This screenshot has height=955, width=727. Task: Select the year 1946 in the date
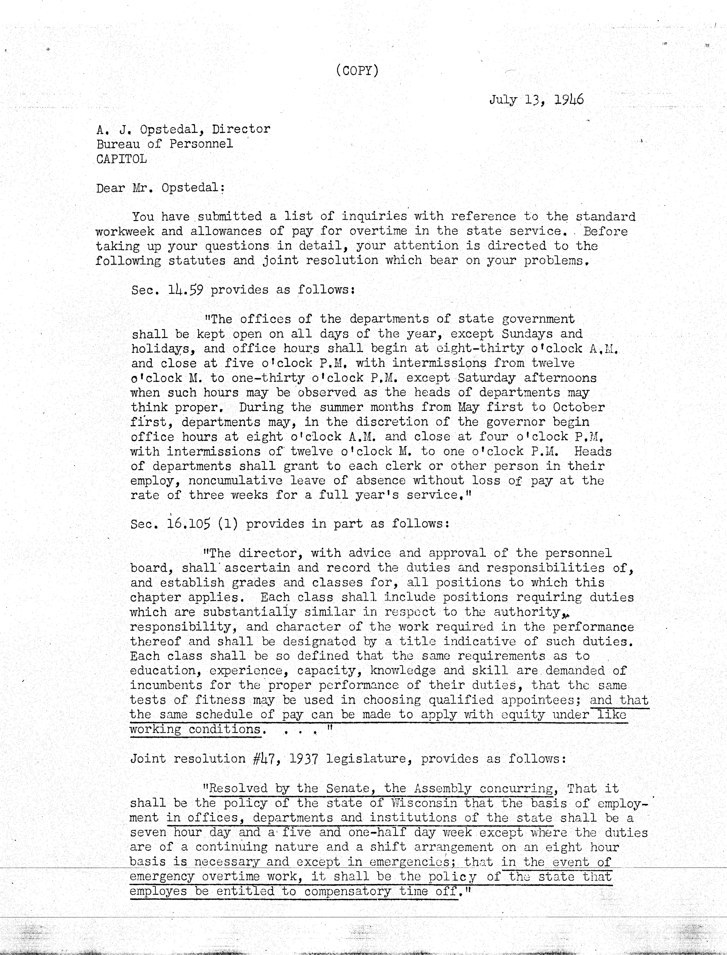click(569, 100)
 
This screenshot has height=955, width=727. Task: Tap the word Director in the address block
click(241, 129)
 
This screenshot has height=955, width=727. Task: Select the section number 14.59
click(185, 289)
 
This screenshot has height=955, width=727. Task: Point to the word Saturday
click(486, 378)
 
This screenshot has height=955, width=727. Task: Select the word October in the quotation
click(579, 407)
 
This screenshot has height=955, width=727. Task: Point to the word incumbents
click(166, 685)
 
